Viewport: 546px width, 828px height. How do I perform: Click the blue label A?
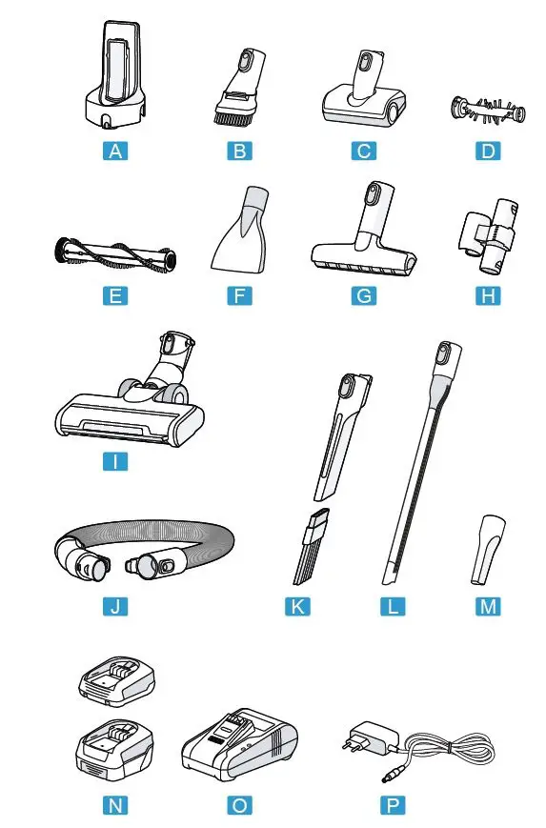(114, 150)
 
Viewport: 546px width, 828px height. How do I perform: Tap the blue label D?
(487, 150)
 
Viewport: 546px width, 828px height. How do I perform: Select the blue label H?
(487, 295)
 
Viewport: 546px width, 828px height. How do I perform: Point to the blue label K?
(298, 606)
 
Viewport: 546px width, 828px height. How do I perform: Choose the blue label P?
(390, 805)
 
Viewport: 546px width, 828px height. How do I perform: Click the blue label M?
(487, 606)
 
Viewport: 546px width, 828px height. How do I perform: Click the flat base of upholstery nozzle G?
(361, 259)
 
